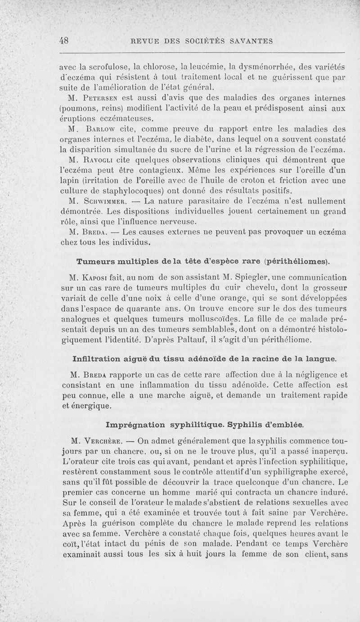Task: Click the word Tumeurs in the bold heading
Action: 98,261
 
